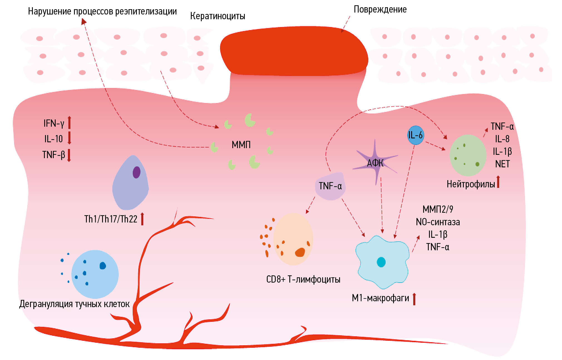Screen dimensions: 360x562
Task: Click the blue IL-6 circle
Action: point(415,135)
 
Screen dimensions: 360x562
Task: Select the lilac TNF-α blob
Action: point(330,186)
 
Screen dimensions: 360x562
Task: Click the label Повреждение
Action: point(380,9)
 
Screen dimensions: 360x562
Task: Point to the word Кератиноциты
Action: point(218,16)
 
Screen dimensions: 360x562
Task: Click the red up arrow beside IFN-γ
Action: point(70,123)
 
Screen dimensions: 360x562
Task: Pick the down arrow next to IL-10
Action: point(70,138)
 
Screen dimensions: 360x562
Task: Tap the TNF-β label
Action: point(53,155)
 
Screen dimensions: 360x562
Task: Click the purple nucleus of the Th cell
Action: point(136,172)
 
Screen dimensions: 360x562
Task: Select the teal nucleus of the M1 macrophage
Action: point(381,262)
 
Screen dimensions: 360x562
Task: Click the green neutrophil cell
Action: point(468,155)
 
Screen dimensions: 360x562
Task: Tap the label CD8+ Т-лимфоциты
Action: point(303,279)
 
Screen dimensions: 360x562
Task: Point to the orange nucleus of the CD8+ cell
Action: point(300,252)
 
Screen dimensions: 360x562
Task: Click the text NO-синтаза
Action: point(438,222)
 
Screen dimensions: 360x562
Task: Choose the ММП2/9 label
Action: point(438,209)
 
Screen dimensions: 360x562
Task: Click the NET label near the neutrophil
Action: point(502,164)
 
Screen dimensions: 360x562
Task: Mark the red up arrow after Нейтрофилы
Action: point(498,182)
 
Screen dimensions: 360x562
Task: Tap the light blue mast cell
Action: point(95,274)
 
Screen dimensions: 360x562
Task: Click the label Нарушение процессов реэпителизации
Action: point(102,11)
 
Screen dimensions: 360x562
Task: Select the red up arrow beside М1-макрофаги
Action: point(414,299)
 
